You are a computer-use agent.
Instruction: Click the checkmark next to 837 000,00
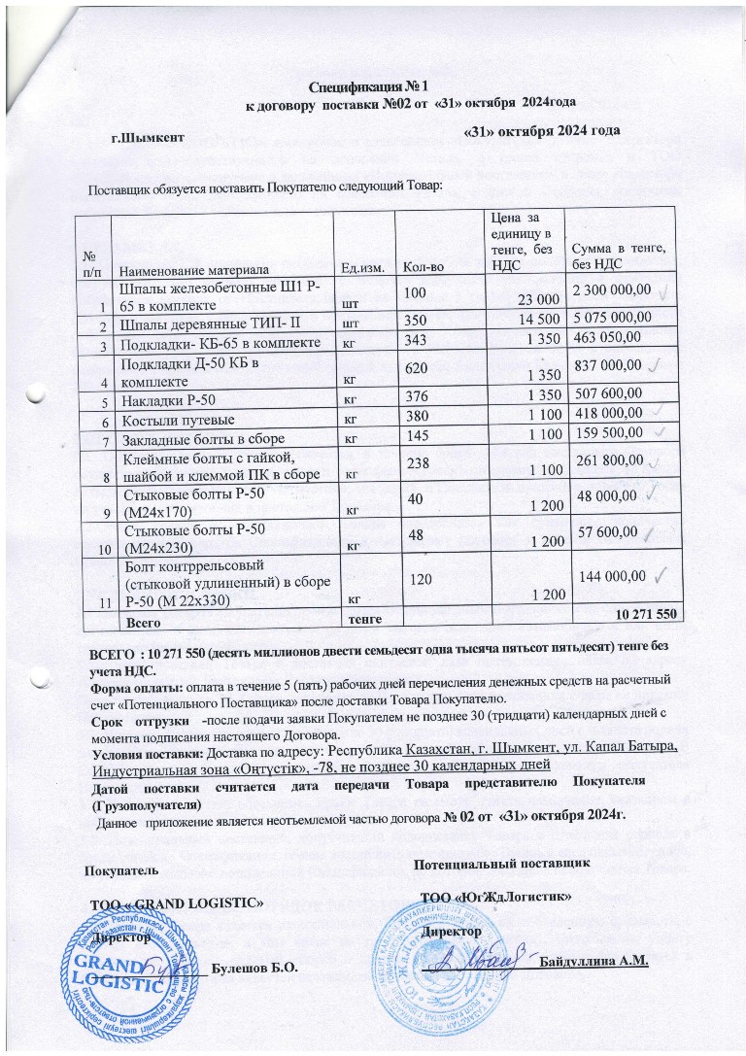point(656,363)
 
